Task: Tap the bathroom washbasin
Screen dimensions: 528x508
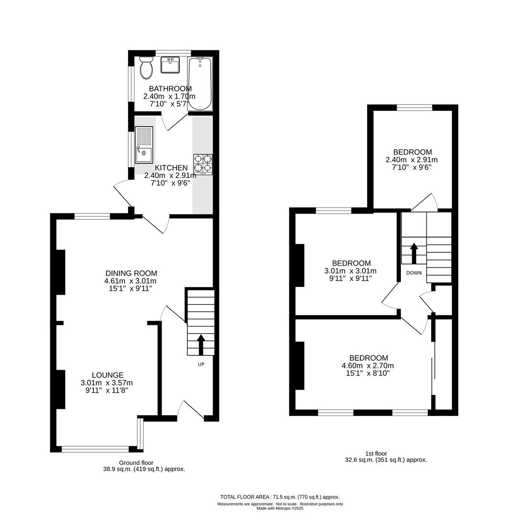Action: pyautogui.click(x=170, y=65)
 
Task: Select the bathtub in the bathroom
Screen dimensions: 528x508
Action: pyautogui.click(x=200, y=84)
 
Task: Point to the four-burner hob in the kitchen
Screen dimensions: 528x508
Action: pyautogui.click(x=203, y=163)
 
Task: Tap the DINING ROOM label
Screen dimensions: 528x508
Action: pyautogui.click(x=131, y=273)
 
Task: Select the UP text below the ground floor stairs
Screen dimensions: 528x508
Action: pyautogui.click(x=201, y=364)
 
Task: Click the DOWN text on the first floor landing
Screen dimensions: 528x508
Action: pyautogui.click(x=414, y=273)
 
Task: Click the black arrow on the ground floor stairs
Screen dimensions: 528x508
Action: pyautogui.click(x=201, y=344)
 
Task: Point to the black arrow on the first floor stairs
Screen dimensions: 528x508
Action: pyautogui.click(x=414, y=253)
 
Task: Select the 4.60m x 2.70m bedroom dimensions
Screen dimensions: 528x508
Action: pyautogui.click(x=368, y=366)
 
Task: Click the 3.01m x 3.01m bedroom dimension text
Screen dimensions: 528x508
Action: pyautogui.click(x=351, y=271)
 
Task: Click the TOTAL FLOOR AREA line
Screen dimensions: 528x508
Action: pyautogui.click(x=280, y=497)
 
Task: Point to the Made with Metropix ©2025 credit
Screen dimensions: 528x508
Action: pyautogui.click(x=280, y=508)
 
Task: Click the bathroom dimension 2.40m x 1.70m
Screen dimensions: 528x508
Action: pyautogui.click(x=169, y=96)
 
